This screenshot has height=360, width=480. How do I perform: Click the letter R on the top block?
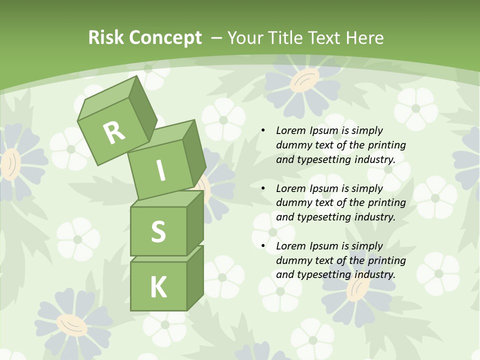click(114, 132)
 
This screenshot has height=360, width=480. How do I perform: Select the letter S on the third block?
click(158, 231)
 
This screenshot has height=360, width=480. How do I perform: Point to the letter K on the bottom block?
click(158, 287)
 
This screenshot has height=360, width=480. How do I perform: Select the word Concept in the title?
click(165, 38)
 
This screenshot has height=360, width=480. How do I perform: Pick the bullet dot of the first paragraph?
click(263, 131)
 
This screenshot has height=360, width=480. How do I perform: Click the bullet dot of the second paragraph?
click(263, 188)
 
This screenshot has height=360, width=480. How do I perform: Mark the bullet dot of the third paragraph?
click(263, 246)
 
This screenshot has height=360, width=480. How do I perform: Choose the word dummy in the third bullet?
click(293, 260)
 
